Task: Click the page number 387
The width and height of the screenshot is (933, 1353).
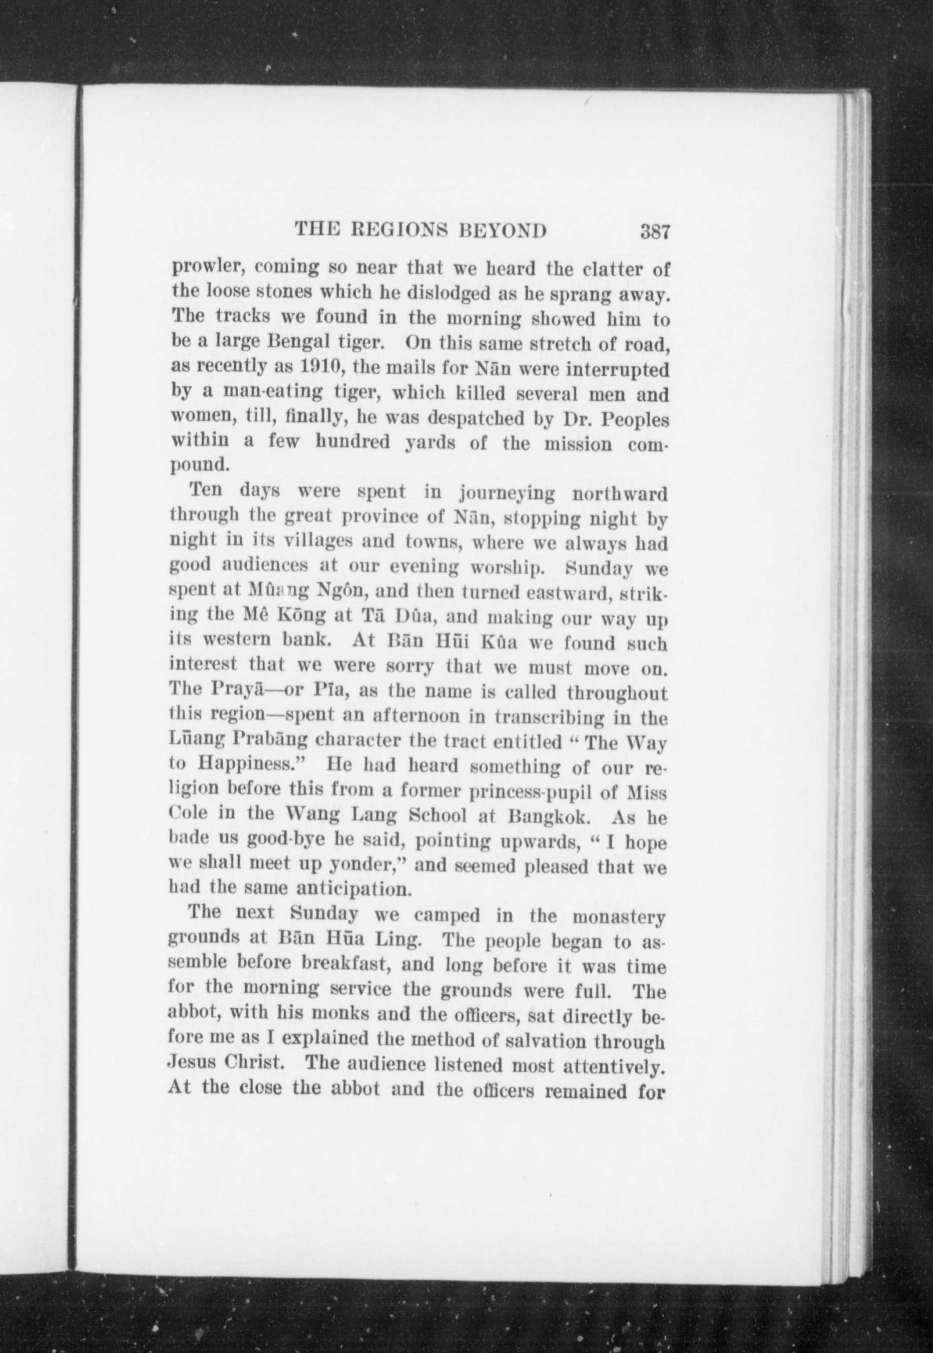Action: coord(654,231)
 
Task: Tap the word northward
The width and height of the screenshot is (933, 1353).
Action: coord(619,494)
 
